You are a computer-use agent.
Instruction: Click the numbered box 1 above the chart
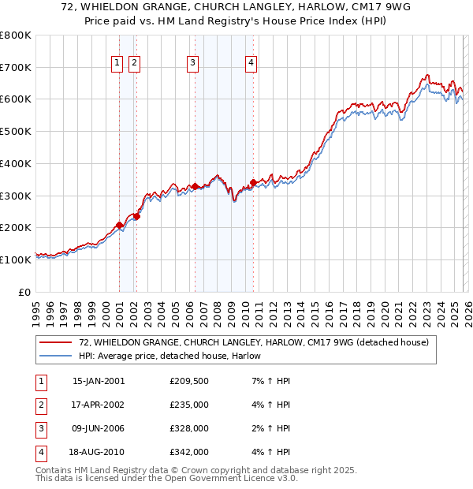117,64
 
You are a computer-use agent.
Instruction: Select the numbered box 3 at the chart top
192,64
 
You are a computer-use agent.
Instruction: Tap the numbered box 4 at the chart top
251,64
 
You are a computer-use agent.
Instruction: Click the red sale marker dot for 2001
120,225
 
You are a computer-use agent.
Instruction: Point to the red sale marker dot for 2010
253,182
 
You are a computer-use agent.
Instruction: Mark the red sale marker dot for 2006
195,186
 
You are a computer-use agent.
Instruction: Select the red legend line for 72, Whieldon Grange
56,342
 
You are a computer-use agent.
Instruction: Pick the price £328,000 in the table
189,430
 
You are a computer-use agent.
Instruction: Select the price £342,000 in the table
189,453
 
